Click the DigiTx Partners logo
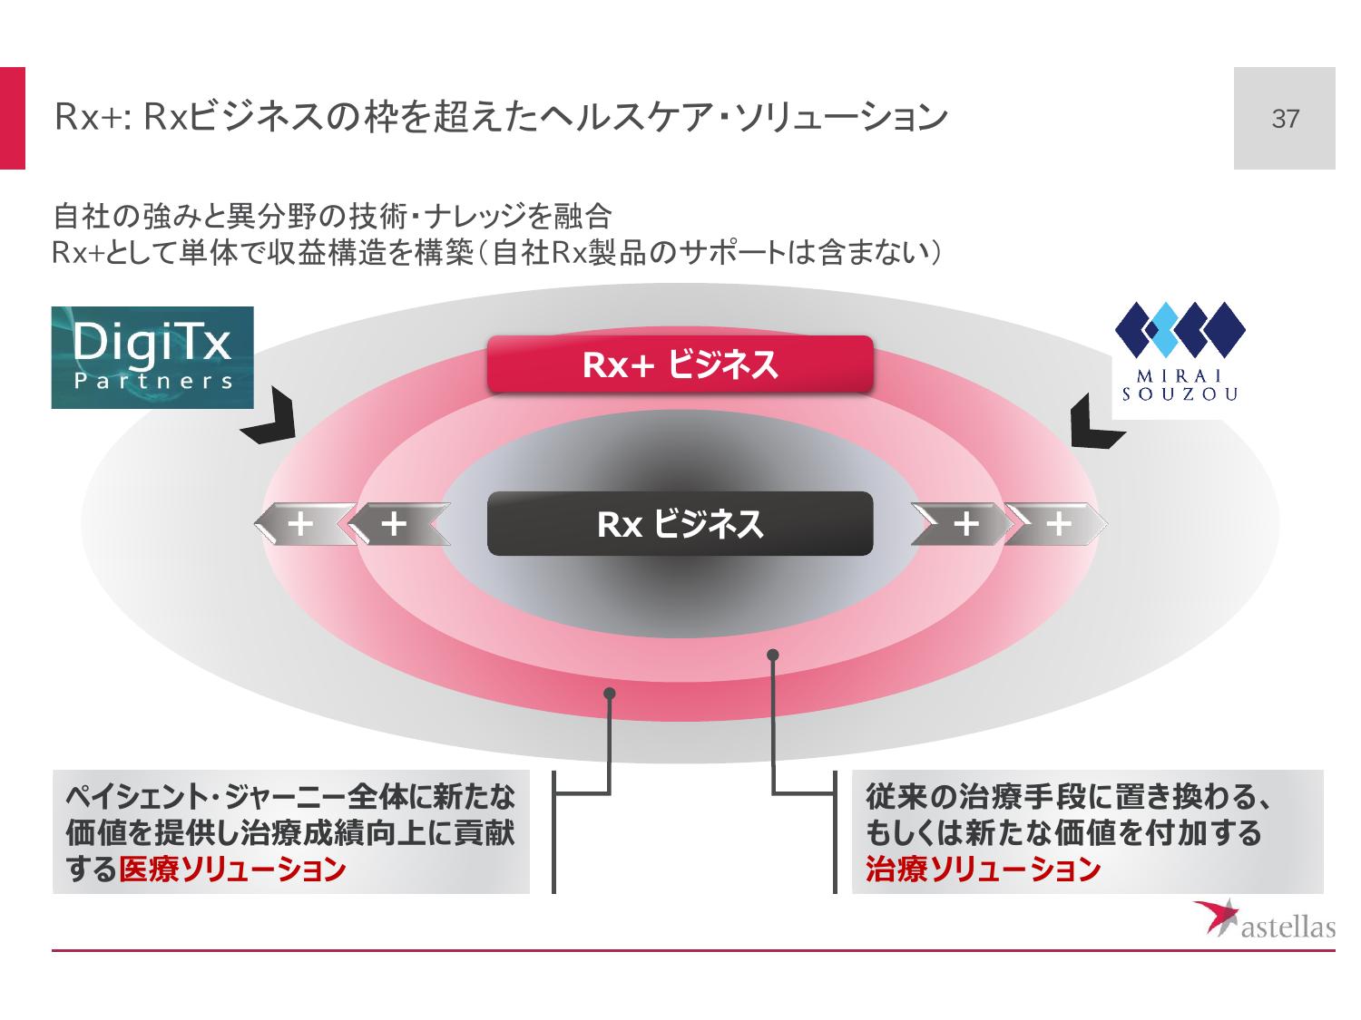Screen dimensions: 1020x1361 tap(152, 357)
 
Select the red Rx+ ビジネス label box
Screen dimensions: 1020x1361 tap(680, 364)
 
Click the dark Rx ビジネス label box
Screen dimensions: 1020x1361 tap(680, 524)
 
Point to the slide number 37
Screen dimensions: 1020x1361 tap(1285, 119)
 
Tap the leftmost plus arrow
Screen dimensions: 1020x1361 tap(301, 524)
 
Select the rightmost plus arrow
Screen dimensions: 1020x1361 tap(1058, 524)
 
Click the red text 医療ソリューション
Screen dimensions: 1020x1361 tap(232, 869)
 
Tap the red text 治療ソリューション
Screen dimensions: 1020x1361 tap(983, 869)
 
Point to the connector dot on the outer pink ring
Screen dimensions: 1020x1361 tap(610, 694)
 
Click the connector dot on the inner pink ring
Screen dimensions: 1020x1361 tap(773, 654)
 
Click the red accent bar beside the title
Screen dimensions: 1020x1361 tap(12, 118)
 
